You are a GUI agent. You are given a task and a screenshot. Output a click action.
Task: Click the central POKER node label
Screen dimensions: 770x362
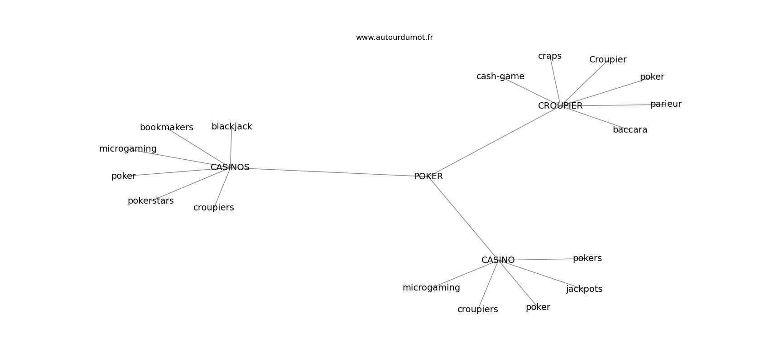(428, 176)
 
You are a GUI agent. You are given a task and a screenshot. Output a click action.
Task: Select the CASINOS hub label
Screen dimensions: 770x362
(230, 167)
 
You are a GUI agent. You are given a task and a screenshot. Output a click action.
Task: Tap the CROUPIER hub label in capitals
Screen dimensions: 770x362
(560, 106)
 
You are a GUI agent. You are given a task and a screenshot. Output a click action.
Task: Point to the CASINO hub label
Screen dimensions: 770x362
(498, 260)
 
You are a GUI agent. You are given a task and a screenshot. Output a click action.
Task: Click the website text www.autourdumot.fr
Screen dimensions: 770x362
(394, 38)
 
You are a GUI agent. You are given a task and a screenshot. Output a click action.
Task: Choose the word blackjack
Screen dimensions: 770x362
(232, 127)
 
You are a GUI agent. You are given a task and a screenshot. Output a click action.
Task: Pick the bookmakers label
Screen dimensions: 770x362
(167, 128)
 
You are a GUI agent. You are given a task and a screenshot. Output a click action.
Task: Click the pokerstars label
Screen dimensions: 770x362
(150, 201)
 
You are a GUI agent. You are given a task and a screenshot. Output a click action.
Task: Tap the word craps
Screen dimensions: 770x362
(550, 56)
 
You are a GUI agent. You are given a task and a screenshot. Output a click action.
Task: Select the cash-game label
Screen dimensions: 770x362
(500, 76)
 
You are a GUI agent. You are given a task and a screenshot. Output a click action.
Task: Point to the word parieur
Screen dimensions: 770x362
(666, 104)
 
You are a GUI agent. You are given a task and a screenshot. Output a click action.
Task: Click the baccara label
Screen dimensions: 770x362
(630, 130)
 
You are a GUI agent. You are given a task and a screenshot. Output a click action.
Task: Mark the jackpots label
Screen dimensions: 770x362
(584, 289)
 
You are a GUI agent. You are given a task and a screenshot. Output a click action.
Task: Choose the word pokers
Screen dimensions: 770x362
(587, 258)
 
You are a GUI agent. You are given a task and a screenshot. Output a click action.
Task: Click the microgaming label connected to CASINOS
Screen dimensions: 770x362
(128, 149)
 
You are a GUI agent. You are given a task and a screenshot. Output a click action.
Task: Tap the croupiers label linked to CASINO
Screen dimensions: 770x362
(478, 310)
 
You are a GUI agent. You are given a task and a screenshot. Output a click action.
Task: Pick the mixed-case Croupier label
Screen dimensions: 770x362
(608, 60)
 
